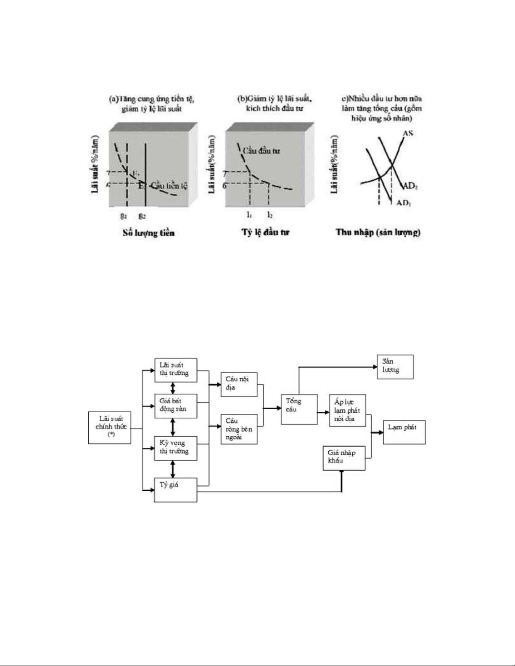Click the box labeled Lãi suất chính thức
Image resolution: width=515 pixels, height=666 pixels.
coord(110,427)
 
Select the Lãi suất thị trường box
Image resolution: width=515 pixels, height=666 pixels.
coord(176,370)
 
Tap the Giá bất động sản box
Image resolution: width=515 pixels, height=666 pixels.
coord(176,405)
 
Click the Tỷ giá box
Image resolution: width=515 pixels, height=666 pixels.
coord(176,490)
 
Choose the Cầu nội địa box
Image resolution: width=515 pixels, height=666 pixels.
coord(239,384)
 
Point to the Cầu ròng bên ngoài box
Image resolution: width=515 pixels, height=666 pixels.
coord(239,429)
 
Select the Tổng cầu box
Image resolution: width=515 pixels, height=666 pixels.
coord(299,409)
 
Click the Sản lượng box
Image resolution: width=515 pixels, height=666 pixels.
coord(395,366)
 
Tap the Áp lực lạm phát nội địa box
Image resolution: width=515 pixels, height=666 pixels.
coord(347,410)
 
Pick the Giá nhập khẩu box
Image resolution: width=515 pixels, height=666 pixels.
coord(343,457)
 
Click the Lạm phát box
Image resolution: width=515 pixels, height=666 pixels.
coord(404,432)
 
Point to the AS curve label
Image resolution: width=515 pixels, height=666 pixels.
coord(408,134)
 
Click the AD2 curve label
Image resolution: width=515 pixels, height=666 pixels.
coord(410,186)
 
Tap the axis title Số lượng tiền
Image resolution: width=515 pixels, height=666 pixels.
coord(148,233)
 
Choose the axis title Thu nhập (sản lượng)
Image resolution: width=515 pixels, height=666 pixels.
coord(378,232)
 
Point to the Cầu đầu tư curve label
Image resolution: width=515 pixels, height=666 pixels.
coord(261,151)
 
